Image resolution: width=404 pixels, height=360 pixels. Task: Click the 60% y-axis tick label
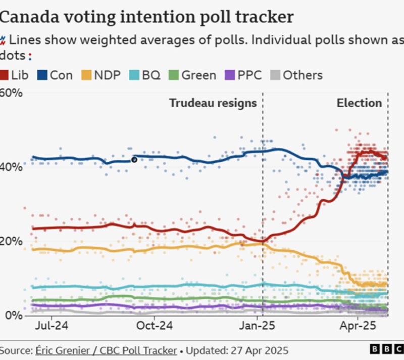click(11, 94)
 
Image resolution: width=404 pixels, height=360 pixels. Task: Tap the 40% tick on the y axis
click(11, 167)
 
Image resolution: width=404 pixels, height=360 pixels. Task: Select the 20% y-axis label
click(11, 241)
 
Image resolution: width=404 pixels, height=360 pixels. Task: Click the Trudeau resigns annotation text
click(213, 103)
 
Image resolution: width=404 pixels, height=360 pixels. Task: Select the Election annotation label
click(359, 103)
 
